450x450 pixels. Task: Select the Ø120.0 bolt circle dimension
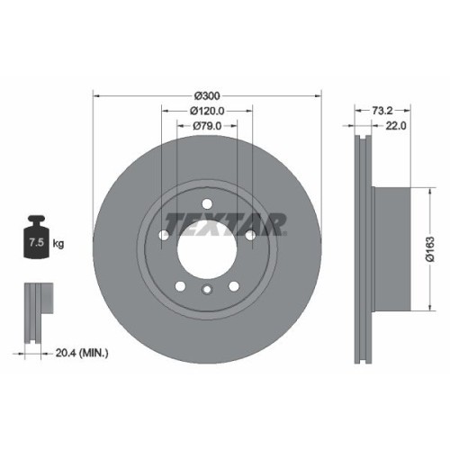(207, 112)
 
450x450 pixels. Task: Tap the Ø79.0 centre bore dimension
(207, 127)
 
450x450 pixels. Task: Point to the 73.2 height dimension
(379, 112)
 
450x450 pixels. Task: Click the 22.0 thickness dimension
(396, 127)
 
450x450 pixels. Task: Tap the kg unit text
(58, 243)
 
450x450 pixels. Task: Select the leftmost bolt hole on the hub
(164, 236)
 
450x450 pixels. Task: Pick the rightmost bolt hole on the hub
(249, 236)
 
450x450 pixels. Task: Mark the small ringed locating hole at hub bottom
(206, 289)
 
